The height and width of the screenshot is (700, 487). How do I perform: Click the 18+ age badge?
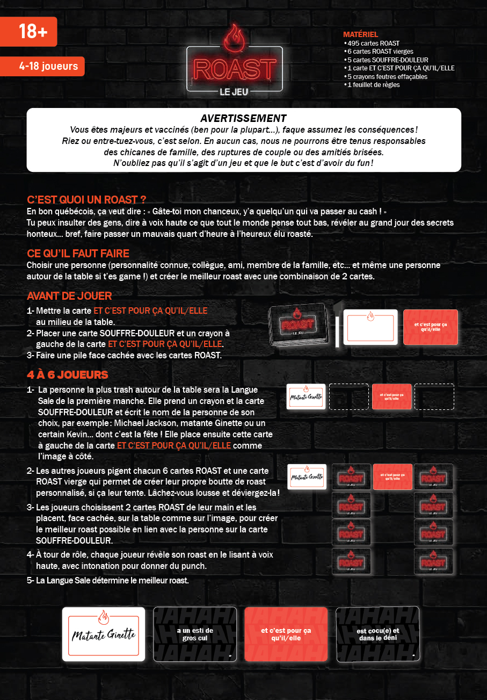[30, 31]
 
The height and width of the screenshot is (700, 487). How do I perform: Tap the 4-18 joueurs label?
[48, 67]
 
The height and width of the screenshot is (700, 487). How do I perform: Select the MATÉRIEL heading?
[360, 34]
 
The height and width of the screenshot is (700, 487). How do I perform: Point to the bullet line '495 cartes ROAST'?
[373, 43]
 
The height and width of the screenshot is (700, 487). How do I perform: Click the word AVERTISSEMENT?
[243, 118]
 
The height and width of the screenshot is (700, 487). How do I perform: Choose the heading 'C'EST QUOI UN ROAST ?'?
[87, 200]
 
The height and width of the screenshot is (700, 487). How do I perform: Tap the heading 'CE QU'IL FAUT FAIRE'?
[78, 253]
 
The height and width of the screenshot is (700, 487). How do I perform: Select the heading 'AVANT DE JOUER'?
[69, 296]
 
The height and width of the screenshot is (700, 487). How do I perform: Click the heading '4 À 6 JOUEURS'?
[68, 374]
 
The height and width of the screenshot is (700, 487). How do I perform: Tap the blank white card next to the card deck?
[370, 327]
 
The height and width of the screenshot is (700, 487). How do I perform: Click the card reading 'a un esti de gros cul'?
[195, 634]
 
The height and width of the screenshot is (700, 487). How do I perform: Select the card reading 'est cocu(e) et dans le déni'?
[378, 634]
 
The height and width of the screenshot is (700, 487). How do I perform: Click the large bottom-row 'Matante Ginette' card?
[104, 634]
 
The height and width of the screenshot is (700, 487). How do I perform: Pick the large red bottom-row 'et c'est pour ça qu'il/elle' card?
[286, 634]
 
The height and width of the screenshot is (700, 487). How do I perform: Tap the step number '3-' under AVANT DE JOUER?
[31, 355]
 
